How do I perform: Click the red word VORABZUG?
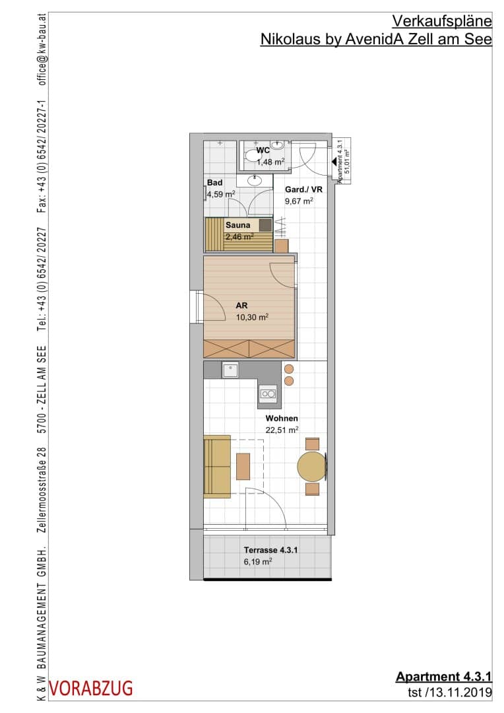tap(91, 689)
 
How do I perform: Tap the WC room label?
tap(263, 150)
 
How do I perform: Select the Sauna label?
tap(237, 225)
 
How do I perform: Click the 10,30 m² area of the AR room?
tap(252, 318)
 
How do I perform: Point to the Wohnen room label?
tap(282, 419)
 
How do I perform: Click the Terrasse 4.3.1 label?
tap(270, 550)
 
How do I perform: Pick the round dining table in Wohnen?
tap(312, 466)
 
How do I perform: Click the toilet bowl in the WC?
tap(252, 156)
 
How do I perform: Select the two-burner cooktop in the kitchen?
tap(268, 393)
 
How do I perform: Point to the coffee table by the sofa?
tap(243, 467)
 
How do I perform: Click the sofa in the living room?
tap(217, 467)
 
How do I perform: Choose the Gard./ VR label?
tap(303, 189)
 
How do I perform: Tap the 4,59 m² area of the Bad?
tap(221, 194)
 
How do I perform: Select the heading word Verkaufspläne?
tap(442, 21)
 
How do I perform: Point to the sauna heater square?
tap(265, 226)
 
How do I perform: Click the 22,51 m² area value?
tap(282, 430)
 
